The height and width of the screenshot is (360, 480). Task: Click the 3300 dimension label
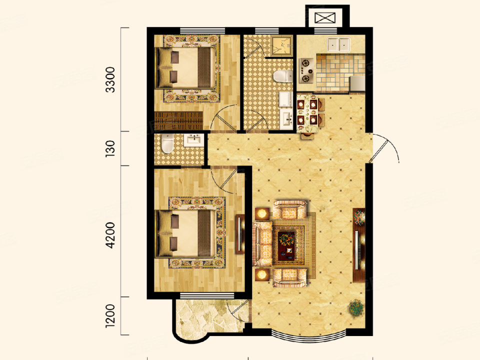tap(110, 79)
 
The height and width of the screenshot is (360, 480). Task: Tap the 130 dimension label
tap(110, 149)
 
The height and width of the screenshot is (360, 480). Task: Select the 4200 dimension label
tap(110, 235)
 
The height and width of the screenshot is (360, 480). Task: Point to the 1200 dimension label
tap(110, 316)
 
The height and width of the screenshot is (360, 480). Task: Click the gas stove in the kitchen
tap(306, 70)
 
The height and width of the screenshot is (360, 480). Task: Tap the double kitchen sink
tap(338, 44)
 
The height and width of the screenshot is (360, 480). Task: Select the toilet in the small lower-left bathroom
tap(168, 143)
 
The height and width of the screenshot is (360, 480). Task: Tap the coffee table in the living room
tap(286, 245)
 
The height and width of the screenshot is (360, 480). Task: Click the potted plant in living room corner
tap(356, 307)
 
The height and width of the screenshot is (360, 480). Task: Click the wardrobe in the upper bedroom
tap(179, 120)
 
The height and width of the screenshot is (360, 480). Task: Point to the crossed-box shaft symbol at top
tap(325, 18)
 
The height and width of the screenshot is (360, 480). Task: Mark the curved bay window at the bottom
tap(309, 335)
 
